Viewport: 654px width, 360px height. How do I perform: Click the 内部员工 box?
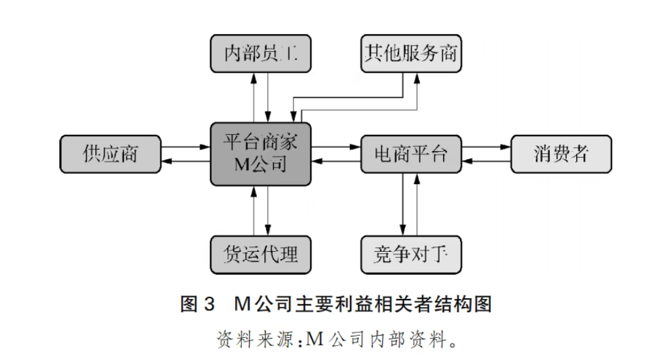(x=261, y=53)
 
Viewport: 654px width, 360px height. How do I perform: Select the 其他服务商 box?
(x=411, y=53)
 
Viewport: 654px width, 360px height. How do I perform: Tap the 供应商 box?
(x=110, y=154)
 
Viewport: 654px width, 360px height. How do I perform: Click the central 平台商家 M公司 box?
(x=261, y=154)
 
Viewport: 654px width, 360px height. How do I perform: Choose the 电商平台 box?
(x=410, y=154)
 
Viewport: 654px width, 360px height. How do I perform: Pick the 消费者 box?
(x=561, y=154)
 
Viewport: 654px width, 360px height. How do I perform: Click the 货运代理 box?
(x=261, y=255)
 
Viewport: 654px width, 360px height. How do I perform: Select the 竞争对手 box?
(x=411, y=255)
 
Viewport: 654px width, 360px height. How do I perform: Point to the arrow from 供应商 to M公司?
(x=185, y=146)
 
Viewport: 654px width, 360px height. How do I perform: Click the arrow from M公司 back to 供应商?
(x=185, y=162)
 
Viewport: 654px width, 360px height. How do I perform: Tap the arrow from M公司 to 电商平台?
(x=336, y=146)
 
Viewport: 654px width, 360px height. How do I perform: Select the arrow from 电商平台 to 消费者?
(x=486, y=146)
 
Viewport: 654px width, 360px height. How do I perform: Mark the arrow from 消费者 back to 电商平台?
(x=486, y=162)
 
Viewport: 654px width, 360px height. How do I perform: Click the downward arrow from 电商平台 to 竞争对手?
(x=403, y=205)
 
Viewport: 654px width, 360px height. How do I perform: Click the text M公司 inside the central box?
(x=261, y=164)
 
